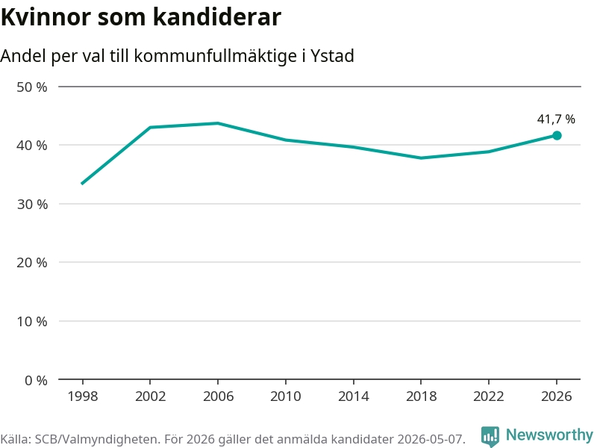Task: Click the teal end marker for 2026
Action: coord(557,136)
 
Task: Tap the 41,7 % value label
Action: coord(556,119)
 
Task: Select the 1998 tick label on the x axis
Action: coord(83,396)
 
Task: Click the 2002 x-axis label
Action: coord(151,396)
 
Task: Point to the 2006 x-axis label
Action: coord(218,396)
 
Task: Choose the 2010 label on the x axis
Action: coord(286,396)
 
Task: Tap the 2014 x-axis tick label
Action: coord(353,396)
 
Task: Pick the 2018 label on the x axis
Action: coord(421,396)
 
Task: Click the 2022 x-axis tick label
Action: coord(489,396)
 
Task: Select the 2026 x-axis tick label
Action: coord(556,396)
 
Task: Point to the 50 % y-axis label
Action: coord(32,87)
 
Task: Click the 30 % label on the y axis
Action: coord(32,204)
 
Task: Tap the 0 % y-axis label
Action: coord(36,380)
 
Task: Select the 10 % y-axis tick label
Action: coord(32,322)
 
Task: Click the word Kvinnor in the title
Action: coord(46,17)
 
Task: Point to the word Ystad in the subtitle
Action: coord(332,56)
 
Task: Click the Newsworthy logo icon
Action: coord(490,436)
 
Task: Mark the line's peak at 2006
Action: coord(218,123)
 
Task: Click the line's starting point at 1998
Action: coord(82,184)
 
